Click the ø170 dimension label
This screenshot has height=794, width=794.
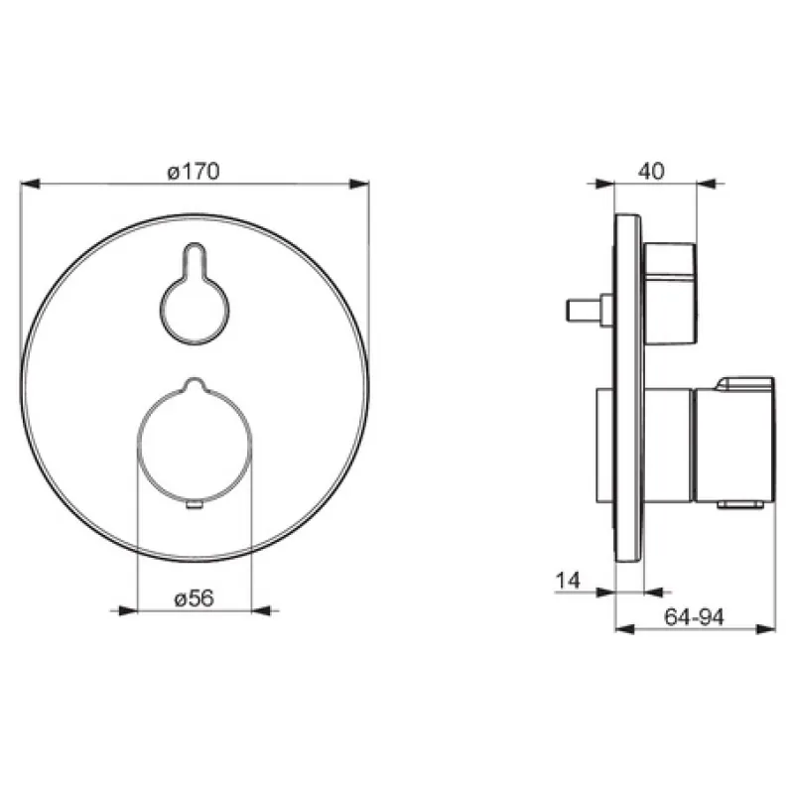tap(194, 171)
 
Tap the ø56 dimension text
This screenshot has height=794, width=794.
tap(194, 598)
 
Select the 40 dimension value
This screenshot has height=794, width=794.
tap(651, 171)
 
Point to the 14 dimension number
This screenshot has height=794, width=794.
tap(568, 581)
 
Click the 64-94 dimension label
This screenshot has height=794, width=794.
tap(694, 616)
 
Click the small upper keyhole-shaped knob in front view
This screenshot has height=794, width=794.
tap(195, 294)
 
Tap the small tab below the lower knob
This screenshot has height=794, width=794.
tap(195, 504)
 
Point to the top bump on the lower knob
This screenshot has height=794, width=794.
tap(195, 383)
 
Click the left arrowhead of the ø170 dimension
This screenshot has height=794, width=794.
tap(30, 184)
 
